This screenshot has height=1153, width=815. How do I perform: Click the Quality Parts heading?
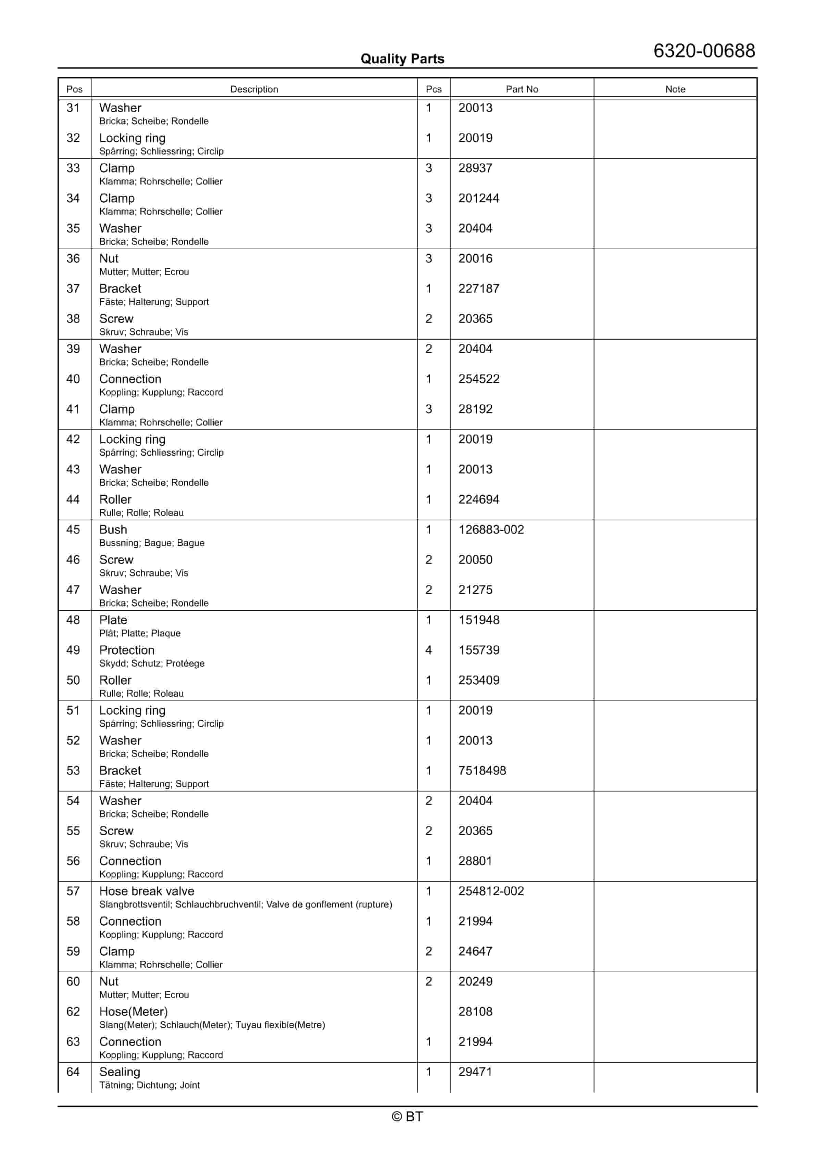[402, 59]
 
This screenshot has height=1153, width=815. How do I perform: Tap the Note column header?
[675, 89]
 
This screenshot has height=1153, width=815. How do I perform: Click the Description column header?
[254, 89]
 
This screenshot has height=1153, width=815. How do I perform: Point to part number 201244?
[478, 198]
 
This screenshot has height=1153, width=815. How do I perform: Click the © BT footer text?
[407, 1116]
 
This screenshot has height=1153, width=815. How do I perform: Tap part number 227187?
[478, 288]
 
